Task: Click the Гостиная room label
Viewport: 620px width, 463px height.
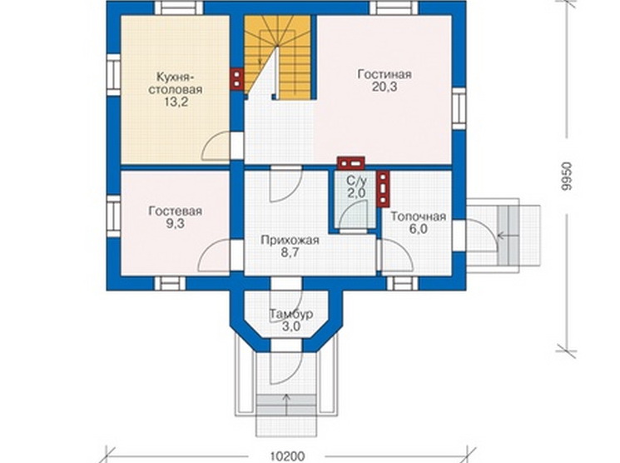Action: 384,74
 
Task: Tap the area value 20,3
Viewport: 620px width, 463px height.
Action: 384,87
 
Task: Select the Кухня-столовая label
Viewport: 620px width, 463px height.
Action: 175,82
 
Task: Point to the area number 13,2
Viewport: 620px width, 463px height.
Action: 176,102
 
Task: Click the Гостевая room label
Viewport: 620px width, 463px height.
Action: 175,211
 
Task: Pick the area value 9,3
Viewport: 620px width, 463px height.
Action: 175,224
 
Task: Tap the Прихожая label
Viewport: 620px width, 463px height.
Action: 290,240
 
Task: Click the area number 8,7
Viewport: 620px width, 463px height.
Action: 290,252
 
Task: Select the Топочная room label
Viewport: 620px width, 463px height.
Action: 419,217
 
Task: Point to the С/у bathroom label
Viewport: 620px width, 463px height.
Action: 356,181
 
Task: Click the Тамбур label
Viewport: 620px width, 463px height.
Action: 291,314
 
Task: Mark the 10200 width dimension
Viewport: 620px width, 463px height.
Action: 287,456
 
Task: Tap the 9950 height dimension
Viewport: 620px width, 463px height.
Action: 567,176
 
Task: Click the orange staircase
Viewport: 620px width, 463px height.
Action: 278,57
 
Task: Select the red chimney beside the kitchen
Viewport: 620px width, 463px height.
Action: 237,79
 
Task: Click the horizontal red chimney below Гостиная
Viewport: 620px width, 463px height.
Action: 350,163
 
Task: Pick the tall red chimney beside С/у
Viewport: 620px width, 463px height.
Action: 383,189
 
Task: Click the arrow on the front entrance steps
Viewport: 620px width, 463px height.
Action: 286,404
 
